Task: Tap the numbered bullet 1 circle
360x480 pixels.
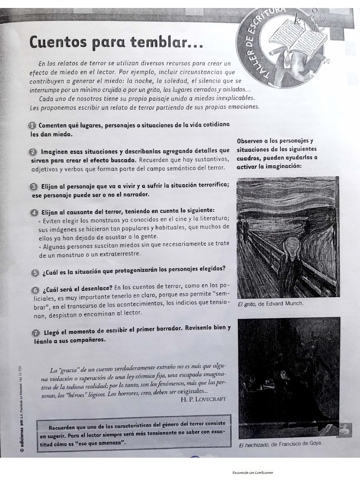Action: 32,125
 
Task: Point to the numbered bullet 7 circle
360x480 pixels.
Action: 35,332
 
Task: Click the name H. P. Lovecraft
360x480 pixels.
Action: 203,399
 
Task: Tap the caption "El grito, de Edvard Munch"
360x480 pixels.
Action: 270,303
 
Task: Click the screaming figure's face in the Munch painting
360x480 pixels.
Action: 292,247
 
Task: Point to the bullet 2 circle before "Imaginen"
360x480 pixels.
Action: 33,151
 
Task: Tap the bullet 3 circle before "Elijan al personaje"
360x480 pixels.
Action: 34,186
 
